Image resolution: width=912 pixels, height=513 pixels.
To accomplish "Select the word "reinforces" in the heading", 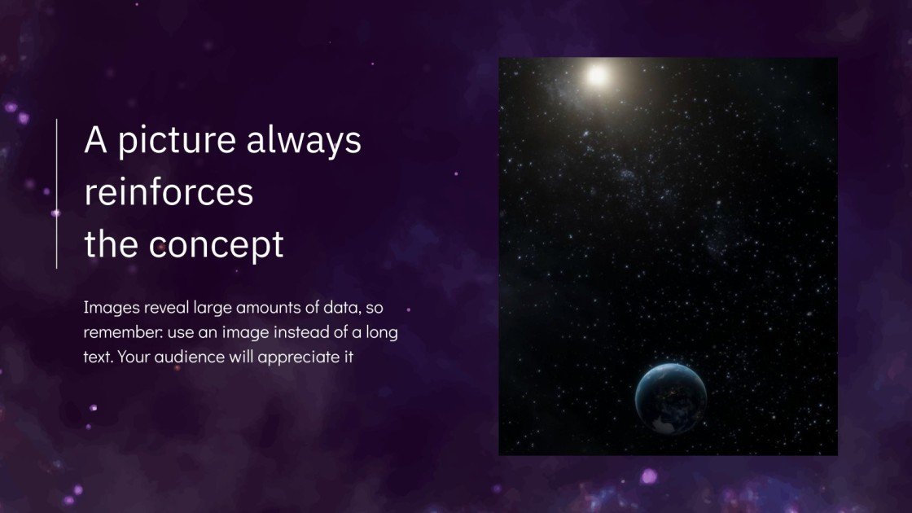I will pyautogui.click(x=169, y=193).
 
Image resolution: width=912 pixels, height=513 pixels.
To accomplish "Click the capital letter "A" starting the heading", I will pyautogui.click(x=95, y=140).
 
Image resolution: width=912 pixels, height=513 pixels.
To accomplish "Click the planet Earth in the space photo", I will pyautogui.click(x=670, y=398).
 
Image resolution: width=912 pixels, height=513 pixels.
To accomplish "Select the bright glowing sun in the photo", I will pyautogui.click(x=598, y=76).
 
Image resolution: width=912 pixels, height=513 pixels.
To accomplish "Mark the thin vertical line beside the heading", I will pyautogui.click(x=56, y=193).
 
